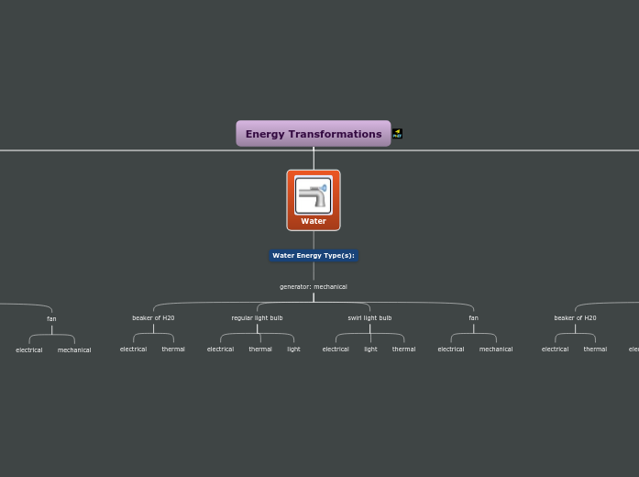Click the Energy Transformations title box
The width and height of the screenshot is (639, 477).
coord(313,134)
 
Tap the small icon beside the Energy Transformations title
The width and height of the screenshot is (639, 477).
coord(397,134)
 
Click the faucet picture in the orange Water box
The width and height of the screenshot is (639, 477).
coord(314,195)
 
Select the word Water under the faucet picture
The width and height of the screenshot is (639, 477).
coord(314,221)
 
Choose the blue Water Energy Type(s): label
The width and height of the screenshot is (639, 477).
coord(314,256)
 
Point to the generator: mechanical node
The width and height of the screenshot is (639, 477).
coord(314,287)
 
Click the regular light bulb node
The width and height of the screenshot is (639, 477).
coord(257,318)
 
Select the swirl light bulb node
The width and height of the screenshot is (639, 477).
coord(369,318)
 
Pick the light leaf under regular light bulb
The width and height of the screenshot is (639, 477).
coord(293,349)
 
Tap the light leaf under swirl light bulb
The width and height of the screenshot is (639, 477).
coord(370,349)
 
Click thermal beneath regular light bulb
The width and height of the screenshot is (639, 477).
coord(260,349)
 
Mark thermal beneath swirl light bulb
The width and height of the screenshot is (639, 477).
coord(403,349)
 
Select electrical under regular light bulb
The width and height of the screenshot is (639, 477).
coord(220,349)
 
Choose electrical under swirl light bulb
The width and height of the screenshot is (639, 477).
coord(336,349)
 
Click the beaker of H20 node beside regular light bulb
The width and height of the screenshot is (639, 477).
coord(153,318)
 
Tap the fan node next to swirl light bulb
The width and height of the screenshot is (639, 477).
coord(473,318)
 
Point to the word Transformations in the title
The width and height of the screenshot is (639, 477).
coord(336,134)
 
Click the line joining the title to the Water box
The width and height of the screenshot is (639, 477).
coord(314,159)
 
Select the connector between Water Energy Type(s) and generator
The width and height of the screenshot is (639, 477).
coord(314,272)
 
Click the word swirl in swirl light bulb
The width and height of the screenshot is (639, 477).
coord(355,318)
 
